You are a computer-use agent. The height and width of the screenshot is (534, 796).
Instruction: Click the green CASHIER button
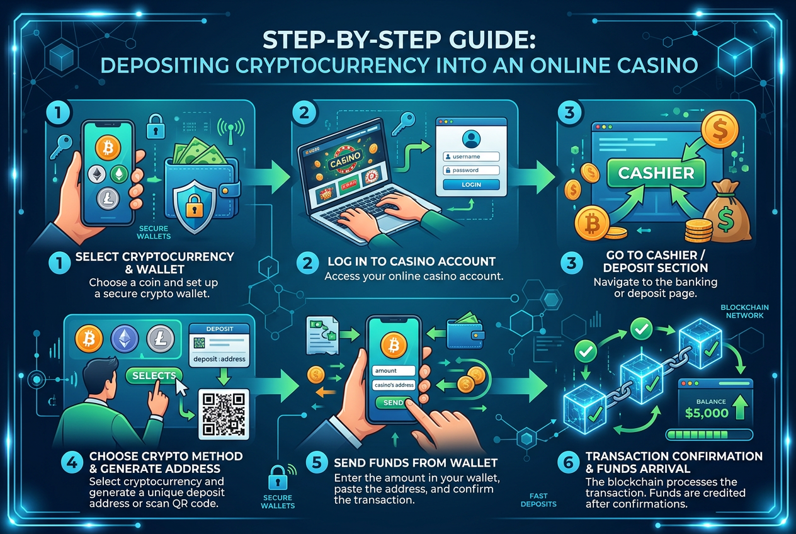pos(656,173)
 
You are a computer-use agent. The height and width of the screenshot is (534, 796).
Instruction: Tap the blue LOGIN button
pos(471,185)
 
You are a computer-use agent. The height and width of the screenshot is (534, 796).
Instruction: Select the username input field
pos(471,157)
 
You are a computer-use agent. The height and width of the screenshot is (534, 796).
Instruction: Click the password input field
pos(471,170)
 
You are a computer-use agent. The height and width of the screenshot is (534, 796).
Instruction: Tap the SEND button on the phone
pos(394,402)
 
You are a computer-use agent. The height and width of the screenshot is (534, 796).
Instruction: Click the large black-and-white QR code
pos(224,414)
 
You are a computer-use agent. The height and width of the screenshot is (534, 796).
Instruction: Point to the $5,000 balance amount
pos(707,413)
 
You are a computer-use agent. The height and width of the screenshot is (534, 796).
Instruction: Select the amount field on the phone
pos(394,370)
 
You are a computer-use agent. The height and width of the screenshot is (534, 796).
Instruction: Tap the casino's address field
pos(394,385)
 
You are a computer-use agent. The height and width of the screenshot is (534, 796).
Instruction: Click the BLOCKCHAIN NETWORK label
pos(744,311)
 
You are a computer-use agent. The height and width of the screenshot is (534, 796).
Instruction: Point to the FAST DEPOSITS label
pos(538,500)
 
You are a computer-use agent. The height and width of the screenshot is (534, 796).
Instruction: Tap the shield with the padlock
pos(194,207)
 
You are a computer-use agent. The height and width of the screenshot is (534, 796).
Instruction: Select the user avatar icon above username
pos(471,139)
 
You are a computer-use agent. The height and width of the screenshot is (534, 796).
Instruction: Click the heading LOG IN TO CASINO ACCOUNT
pos(411,261)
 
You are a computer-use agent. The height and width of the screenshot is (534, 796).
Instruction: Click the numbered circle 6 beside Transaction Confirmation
pos(568,463)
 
